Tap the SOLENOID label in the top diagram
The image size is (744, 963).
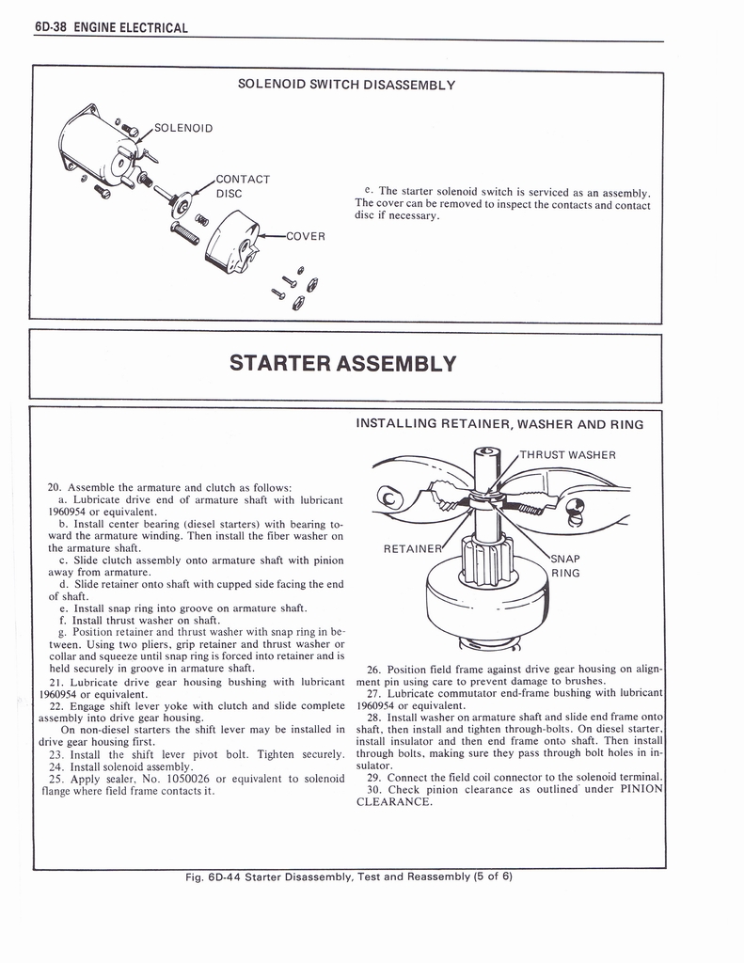tap(183, 128)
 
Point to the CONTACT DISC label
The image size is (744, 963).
tap(243, 186)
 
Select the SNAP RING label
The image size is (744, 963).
tap(565, 564)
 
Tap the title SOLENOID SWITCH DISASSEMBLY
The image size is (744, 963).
tap(346, 85)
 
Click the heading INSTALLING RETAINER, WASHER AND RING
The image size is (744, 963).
tap(499, 424)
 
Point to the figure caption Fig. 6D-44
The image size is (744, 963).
tap(348, 876)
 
